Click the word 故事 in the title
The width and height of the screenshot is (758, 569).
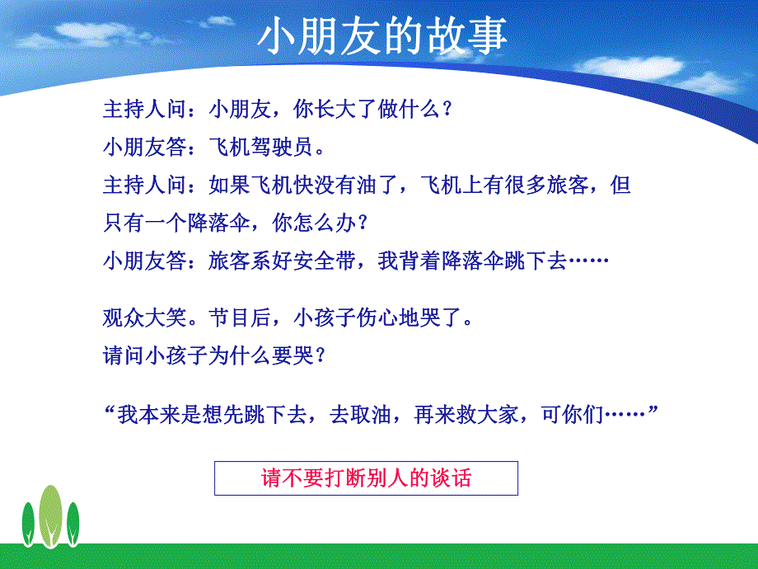(x=466, y=36)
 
